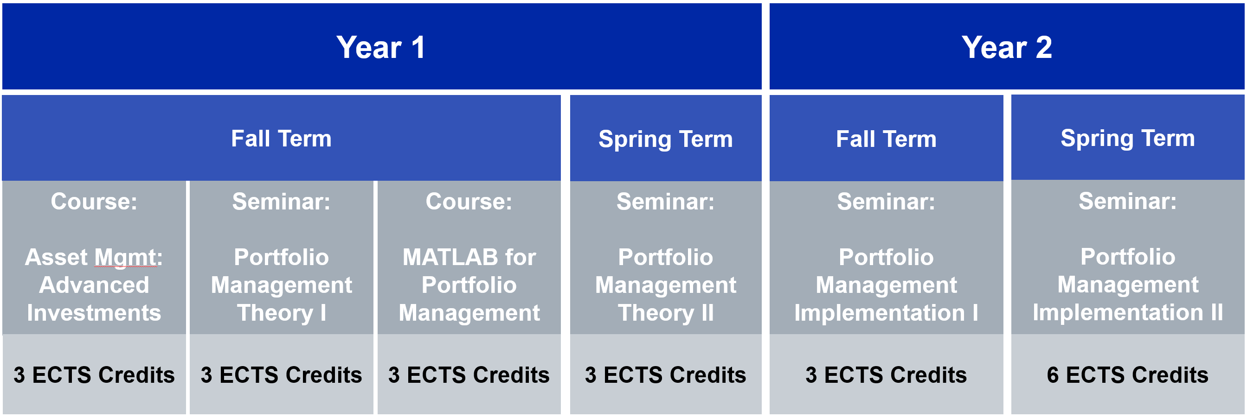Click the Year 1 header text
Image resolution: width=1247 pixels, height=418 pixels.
[381, 47]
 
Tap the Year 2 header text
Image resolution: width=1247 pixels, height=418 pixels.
[1006, 47]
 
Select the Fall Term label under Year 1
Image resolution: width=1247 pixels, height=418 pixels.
[281, 139]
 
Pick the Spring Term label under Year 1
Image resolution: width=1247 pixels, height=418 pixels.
[666, 139]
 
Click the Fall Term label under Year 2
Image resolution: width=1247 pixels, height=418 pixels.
[887, 139]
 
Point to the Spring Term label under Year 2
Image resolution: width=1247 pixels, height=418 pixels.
[1128, 139]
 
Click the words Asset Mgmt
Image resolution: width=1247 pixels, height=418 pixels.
[93, 257]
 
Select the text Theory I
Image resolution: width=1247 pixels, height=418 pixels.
[281, 313]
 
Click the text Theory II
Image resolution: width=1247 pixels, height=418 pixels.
[666, 313]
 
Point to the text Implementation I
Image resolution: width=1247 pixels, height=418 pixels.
[887, 313]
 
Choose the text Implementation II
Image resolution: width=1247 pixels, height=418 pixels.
[1128, 312]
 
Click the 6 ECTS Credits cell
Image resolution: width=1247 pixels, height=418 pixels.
[1128, 374]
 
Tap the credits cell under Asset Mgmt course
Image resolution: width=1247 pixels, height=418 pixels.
[94, 374]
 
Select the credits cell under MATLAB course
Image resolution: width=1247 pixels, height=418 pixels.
[469, 374]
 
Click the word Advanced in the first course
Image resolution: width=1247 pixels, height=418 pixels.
[94, 285]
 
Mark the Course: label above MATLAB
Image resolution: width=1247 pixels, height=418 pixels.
[469, 201]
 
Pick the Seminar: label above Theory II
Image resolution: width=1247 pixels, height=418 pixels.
[666, 201]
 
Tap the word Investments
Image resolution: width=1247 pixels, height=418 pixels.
[94, 313]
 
